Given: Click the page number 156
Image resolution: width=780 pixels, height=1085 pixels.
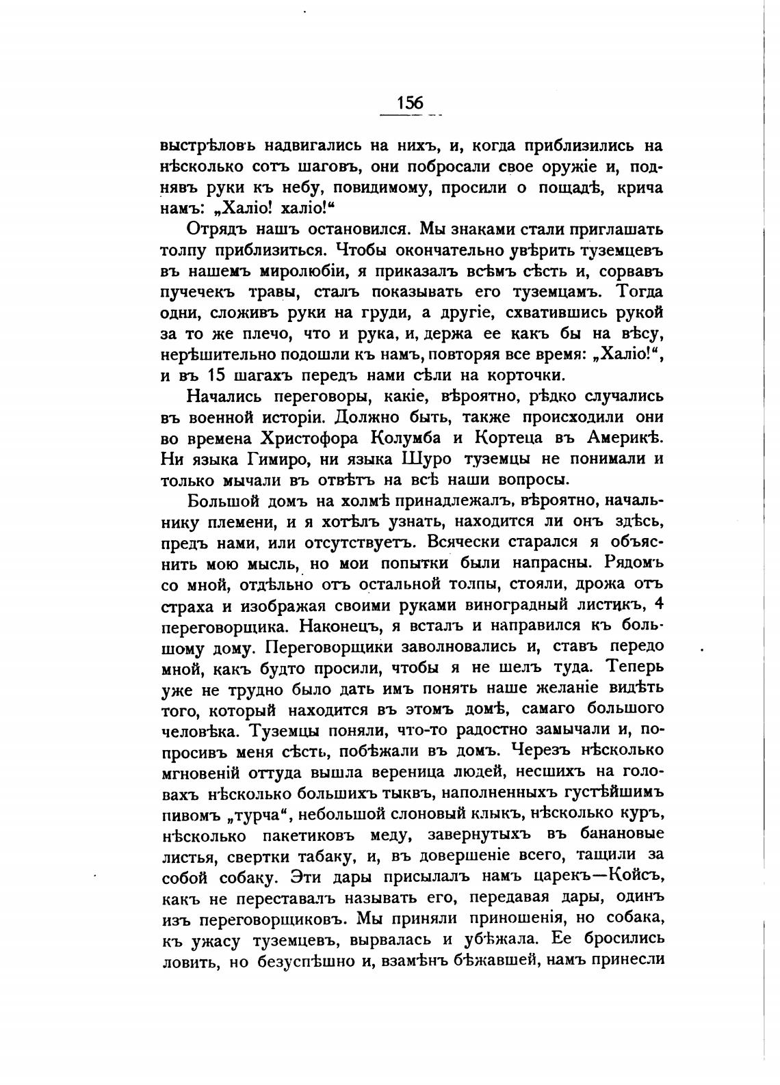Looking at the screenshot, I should (x=410, y=103).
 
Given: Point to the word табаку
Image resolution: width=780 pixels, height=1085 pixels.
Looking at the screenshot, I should (x=331, y=856).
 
